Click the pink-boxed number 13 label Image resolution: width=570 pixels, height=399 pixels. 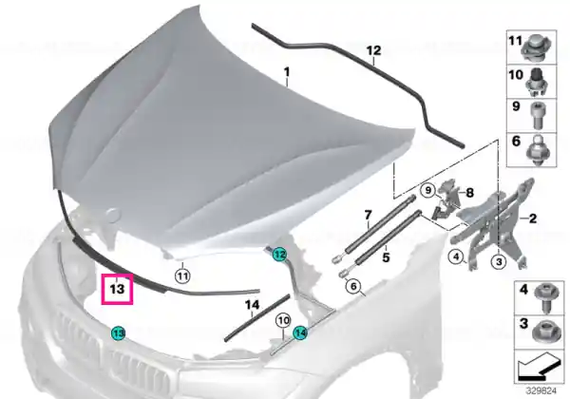click(x=117, y=289)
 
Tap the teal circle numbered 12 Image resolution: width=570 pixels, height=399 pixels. click(x=279, y=255)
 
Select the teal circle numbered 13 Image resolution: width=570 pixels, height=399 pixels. click(x=118, y=332)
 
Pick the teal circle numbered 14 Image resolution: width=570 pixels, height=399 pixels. click(x=300, y=332)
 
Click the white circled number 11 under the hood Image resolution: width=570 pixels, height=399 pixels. click(x=182, y=276)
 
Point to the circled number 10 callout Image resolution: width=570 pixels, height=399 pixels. click(x=283, y=321)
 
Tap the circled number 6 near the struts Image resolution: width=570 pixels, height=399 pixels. click(x=353, y=287)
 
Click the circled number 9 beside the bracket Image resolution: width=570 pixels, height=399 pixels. click(x=428, y=190)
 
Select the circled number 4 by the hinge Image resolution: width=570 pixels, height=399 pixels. click(x=456, y=257)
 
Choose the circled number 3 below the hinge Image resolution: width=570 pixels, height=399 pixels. click(x=499, y=261)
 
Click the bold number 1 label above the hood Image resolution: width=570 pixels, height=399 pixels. click(x=287, y=72)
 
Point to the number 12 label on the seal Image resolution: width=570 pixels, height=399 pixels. click(x=373, y=50)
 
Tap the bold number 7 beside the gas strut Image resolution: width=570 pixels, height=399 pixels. click(x=368, y=215)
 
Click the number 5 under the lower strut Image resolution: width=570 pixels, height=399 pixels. click(x=386, y=257)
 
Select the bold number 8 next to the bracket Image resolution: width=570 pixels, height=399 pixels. click(x=469, y=193)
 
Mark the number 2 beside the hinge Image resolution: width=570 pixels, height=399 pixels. click(x=533, y=218)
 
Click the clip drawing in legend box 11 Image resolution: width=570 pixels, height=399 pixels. click(x=535, y=47)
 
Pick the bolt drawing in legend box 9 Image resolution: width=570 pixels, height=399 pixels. click(x=537, y=115)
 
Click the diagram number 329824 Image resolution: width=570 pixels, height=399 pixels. click(x=541, y=390)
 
